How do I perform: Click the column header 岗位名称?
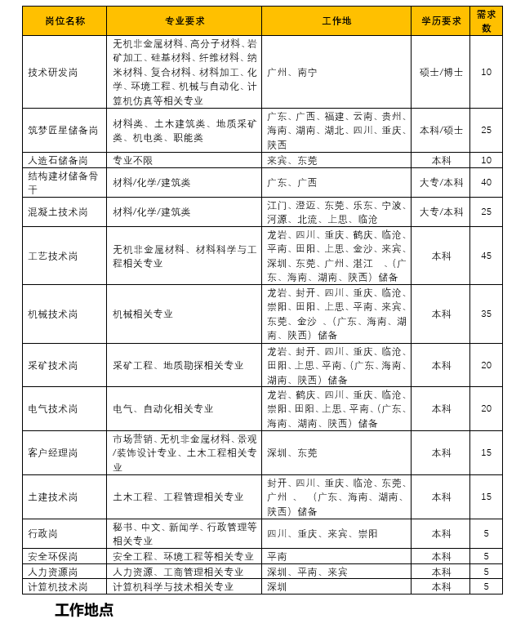[x=65, y=20]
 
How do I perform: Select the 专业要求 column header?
[x=184, y=20]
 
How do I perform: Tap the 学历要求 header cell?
[x=441, y=20]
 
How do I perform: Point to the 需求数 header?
[x=486, y=20]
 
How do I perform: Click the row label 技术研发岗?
[x=53, y=72]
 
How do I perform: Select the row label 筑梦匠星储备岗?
[x=63, y=130]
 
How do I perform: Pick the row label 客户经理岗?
[x=53, y=452]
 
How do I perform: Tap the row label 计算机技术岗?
[x=58, y=586]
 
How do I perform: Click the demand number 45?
[x=486, y=256]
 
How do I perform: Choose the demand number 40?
[x=486, y=182]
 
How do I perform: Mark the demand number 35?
[x=486, y=314]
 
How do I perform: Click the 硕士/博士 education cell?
[x=441, y=72]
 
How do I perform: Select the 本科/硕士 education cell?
[x=441, y=130]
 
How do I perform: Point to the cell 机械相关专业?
[x=143, y=314]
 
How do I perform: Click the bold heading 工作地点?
[x=84, y=609]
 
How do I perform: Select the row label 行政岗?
[x=43, y=533]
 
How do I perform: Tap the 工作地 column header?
[x=336, y=20]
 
